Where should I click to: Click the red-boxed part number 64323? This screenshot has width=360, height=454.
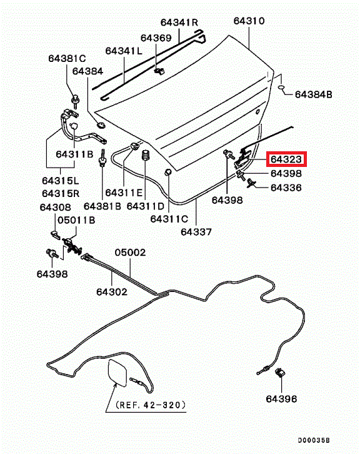click(286, 159)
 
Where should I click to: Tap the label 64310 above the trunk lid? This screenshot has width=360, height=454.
click(249, 21)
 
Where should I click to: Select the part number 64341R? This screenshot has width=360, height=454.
click(179, 23)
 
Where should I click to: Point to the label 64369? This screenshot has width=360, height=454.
click(156, 38)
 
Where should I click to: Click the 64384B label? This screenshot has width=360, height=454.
click(313, 94)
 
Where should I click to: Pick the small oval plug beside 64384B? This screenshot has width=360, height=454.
click(282, 87)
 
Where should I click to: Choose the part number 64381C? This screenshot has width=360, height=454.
click(67, 59)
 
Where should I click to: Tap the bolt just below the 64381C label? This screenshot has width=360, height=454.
click(76, 101)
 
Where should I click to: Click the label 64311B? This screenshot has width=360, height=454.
click(74, 154)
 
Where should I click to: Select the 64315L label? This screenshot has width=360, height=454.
click(61, 181)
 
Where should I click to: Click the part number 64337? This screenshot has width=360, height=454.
click(196, 232)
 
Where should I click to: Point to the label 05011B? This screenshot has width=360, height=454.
click(76, 220)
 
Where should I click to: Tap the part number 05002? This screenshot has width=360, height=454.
click(130, 253)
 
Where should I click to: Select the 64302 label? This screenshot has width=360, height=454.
click(112, 292)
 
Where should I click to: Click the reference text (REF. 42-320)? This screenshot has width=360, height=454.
click(151, 405)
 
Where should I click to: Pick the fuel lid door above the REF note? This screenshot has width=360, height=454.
click(117, 373)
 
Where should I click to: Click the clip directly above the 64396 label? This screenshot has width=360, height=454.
click(280, 373)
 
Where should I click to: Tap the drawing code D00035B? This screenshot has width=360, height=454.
click(314, 440)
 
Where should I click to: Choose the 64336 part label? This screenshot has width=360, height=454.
click(286, 188)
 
